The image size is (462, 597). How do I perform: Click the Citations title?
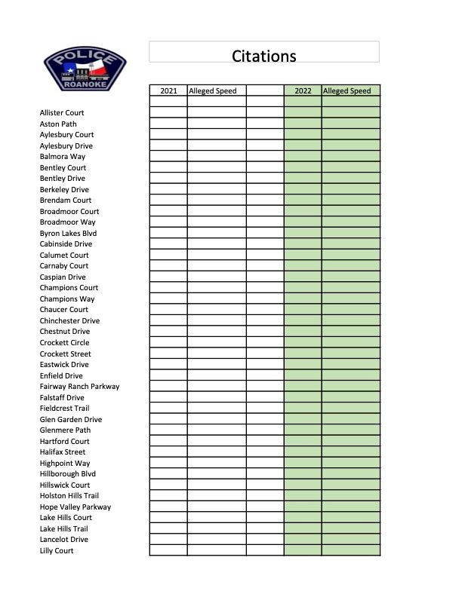[x=263, y=56]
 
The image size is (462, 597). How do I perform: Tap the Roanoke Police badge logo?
[x=85, y=69]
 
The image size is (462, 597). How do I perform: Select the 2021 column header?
[x=168, y=90]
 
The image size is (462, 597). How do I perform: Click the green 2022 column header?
[x=303, y=90]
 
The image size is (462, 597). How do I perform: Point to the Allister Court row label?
[x=62, y=113]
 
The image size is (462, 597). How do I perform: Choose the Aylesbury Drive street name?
[x=66, y=145]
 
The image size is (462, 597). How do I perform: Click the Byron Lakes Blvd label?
[x=68, y=233]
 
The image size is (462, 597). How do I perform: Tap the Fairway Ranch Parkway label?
[x=79, y=387]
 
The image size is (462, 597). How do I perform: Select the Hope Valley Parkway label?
[x=75, y=507]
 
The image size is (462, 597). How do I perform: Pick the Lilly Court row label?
[x=57, y=551]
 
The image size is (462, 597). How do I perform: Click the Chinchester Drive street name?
[x=69, y=320]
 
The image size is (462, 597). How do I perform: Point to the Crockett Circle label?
[x=64, y=343]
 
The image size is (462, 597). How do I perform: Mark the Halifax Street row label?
[x=63, y=452]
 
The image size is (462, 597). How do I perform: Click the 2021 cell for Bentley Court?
[x=168, y=167]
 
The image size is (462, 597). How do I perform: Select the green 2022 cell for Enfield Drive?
[x=303, y=375]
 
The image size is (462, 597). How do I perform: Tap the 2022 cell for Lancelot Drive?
[x=303, y=540]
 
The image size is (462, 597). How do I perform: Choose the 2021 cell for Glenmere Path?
[x=168, y=430]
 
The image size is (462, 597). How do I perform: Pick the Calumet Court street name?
[x=64, y=255]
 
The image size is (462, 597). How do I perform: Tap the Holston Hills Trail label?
[x=69, y=496]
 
